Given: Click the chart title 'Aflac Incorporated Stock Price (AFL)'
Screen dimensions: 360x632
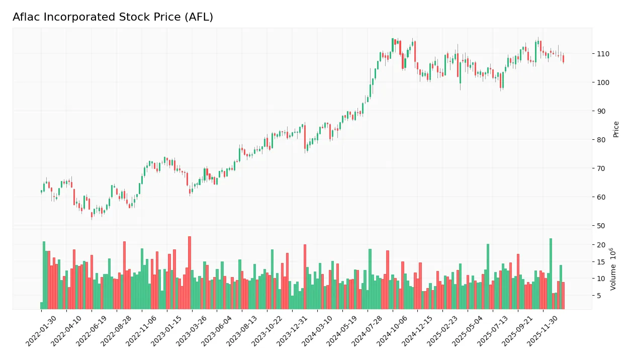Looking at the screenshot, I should pyautogui.click(x=113, y=17).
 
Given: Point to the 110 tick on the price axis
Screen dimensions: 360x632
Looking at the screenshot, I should pyautogui.click(x=602, y=54).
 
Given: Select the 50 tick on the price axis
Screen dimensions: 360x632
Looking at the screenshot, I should pyautogui.click(x=600, y=226).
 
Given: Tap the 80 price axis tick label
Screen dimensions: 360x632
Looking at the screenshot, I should pyautogui.click(x=600, y=140).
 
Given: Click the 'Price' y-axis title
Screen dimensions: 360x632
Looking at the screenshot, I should pyautogui.click(x=616, y=129).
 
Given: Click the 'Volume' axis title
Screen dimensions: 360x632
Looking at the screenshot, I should pyautogui.click(x=613, y=269).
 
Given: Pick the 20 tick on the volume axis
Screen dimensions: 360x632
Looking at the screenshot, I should pyautogui.click(x=600, y=245).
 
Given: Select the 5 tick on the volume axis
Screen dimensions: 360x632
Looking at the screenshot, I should pyautogui.click(x=599, y=296).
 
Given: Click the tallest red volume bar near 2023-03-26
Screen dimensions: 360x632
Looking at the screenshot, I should pyautogui.click(x=190, y=273).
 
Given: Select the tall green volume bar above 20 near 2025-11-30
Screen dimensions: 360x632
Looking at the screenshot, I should pyautogui.click(x=551, y=274).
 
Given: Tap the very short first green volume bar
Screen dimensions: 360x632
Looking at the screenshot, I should pyautogui.click(x=41, y=305).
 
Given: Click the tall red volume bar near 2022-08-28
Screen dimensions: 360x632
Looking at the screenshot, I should pyautogui.click(x=124, y=275).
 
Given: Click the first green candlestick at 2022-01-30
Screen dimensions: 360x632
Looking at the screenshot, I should pyautogui.click(x=41, y=192).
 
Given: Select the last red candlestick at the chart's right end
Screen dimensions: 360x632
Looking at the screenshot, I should pyautogui.click(x=563, y=59).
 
